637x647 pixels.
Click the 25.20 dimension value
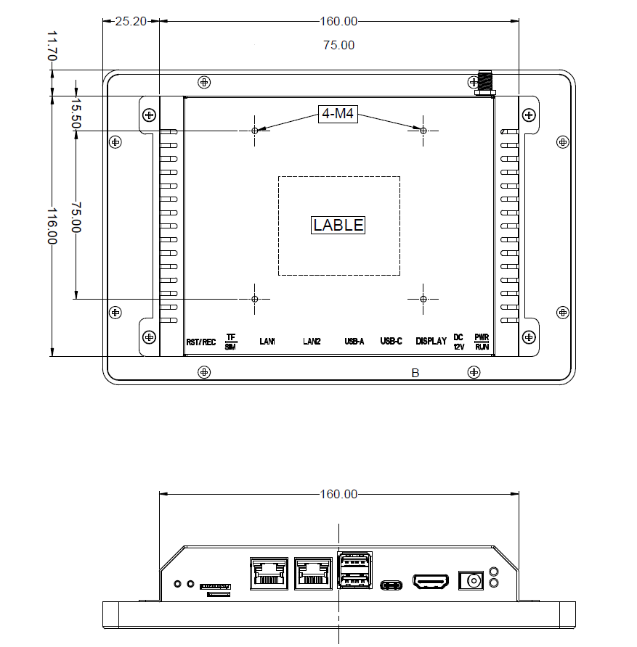[x=131, y=21]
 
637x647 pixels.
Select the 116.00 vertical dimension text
[x=52, y=226]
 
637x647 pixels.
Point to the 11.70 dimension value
[x=52, y=45]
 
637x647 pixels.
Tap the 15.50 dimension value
[x=75, y=114]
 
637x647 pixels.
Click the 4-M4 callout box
[x=339, y=114]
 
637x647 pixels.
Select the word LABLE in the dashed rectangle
[x=338, y=225]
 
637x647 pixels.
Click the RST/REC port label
[x=201, y=342]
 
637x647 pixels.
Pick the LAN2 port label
[x=312, y=342]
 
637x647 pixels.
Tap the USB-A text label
[x=354, y=342]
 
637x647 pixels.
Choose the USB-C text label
[x=391, y=342]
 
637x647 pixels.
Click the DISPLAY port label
[x=431, y=342]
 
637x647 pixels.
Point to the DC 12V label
[x=458, y=342]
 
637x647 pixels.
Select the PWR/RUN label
[x=482, y=342]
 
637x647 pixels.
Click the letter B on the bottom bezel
[x=415, y=373]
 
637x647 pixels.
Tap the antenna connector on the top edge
[x=484, y=82]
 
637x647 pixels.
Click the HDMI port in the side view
[x=431, y=582]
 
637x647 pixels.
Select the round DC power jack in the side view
[x=473, y=581]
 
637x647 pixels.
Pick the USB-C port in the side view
[x=392, y=584]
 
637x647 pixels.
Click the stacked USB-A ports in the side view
[x=354, y=572]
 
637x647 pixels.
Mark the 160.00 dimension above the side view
[x=338, y=495]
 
